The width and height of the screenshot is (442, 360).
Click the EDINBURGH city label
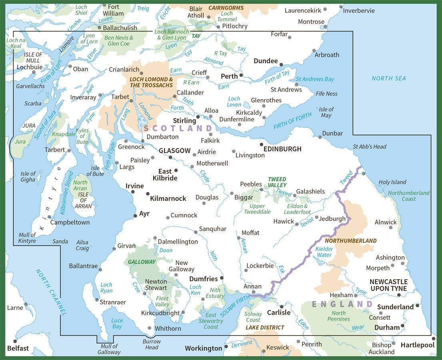click(282, 149)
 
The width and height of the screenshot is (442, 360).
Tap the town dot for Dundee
click(281, 64)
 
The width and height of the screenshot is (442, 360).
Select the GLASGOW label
click(174, 151)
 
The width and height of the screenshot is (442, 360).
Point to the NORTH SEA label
click(388, 78)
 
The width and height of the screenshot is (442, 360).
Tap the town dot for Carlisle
click(281, 306)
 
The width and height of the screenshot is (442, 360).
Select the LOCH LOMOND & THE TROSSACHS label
click(151, 82)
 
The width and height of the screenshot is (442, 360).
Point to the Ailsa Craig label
click(82, 245)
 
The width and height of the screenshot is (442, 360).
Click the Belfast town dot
click(15, 341)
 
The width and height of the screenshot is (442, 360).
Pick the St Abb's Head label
click(369, 146)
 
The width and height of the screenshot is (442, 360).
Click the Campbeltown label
click(70, 222)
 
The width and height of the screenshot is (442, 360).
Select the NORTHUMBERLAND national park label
click(350, 241)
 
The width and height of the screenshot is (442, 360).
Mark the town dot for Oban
click(70, 66)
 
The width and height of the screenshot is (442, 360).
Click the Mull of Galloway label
click(109, 349)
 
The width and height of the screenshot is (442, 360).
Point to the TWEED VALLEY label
click(277, 182)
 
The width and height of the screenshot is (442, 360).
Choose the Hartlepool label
click(417, 345)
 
